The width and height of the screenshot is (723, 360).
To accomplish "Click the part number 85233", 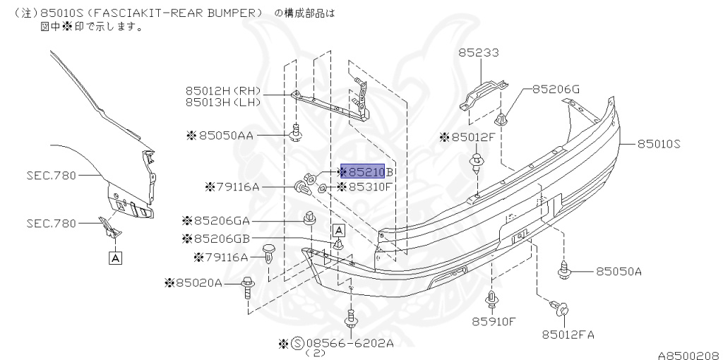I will (x=478, y=52).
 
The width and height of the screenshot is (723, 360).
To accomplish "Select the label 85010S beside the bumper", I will (x=658, y=143).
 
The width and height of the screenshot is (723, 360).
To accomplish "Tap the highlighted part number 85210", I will (x=363, y=172).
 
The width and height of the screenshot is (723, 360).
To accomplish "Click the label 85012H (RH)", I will (x=223, y=90).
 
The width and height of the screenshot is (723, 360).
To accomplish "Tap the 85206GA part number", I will (x=220, y=220).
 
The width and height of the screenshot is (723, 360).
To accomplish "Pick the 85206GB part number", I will (x=220, y=239).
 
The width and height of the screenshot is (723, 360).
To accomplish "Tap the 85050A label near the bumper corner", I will (x=618, y=271).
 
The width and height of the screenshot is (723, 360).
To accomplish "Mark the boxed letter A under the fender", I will (x=115, y=258).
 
